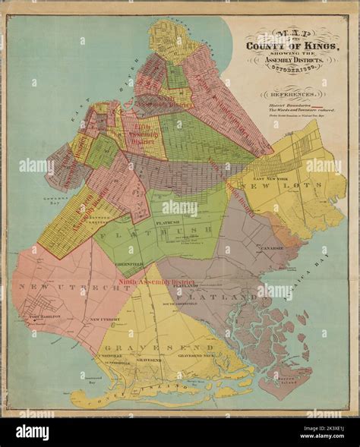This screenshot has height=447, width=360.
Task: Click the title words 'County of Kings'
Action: pos(292,52)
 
